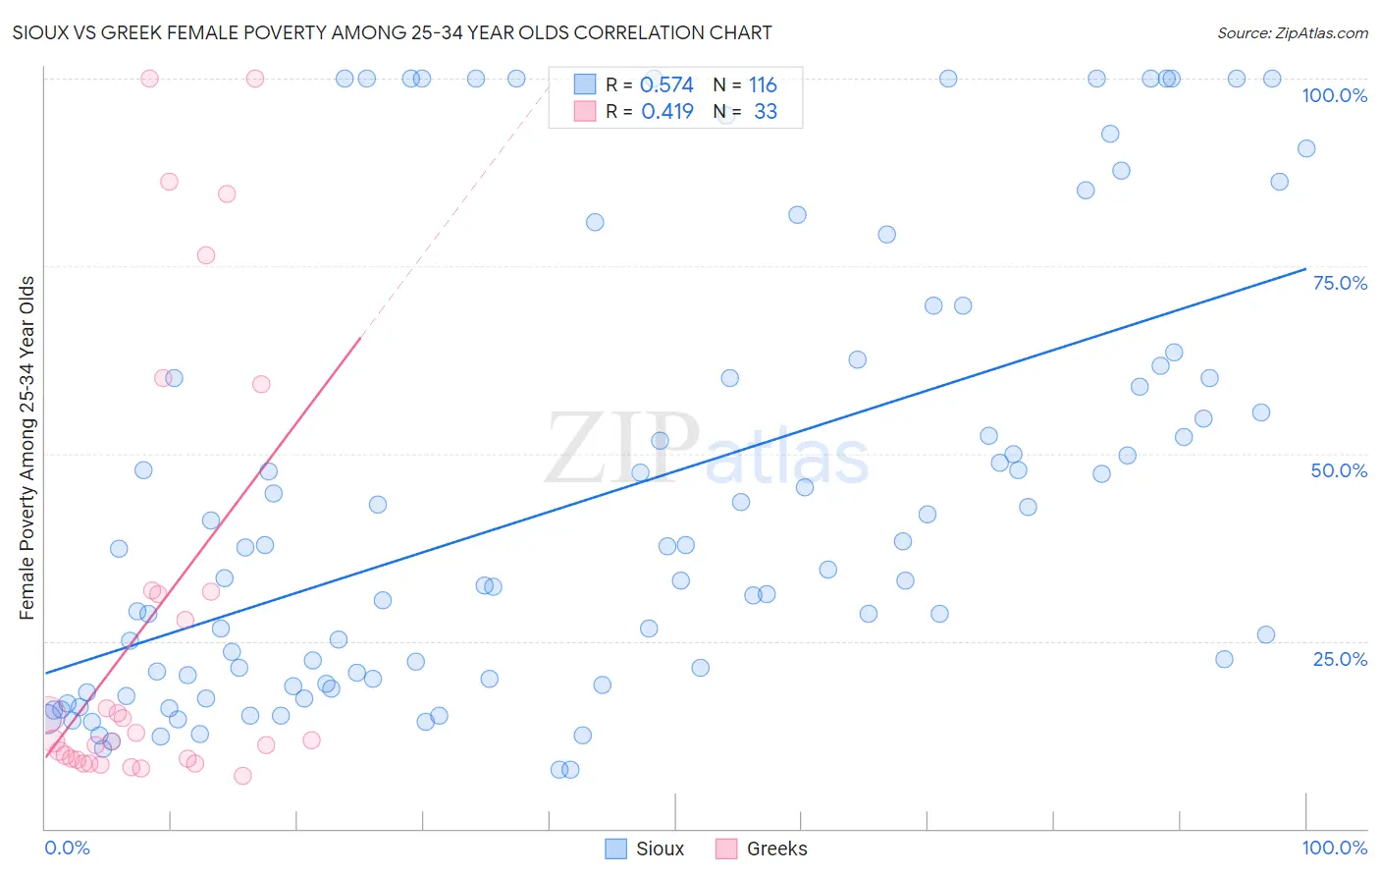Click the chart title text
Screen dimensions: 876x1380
(x=392, y=32)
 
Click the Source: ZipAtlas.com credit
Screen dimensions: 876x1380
(x=1292, y=32)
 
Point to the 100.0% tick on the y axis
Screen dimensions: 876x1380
(x=1334, y=95)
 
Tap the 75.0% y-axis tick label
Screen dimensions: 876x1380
(x=1340, y=283)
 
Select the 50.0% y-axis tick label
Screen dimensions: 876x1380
(x=1339, y=470)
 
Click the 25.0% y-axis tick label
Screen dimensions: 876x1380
(x=1340, y=658)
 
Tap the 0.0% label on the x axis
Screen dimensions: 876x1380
(x=67, y=848)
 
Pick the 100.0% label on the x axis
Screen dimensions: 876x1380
(x=1334, y=848)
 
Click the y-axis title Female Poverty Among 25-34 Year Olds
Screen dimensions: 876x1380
(x=27, y=448)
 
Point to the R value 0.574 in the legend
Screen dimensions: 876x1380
(x=666, y=84)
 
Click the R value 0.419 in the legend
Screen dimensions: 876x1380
(x=666, y=111)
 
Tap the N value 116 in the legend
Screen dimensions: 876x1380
(x=763, y=84)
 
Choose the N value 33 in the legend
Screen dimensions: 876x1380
(x=766, y=111)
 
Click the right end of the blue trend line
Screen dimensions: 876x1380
(x=1305, y=268)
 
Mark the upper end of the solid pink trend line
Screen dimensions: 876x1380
(x=360, y=337)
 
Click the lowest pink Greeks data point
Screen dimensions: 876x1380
(x=242, y=776)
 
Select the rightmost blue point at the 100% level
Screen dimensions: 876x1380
(x=1272, y=79)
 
